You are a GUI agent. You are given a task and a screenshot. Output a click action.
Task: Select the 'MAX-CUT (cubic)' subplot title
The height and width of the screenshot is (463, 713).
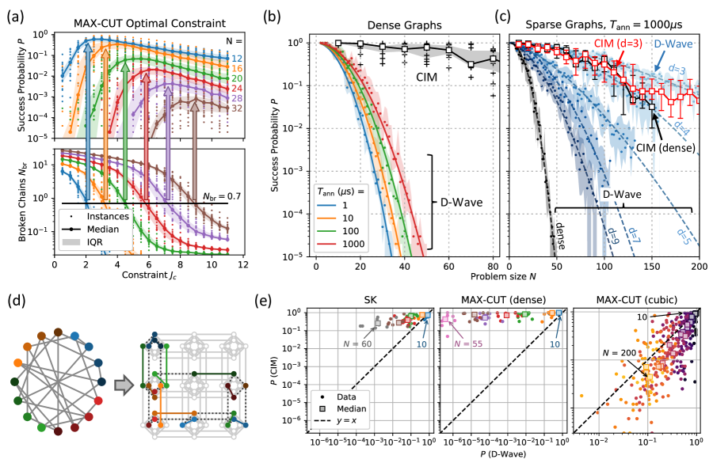pyautogui.click(x=638, y=301)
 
